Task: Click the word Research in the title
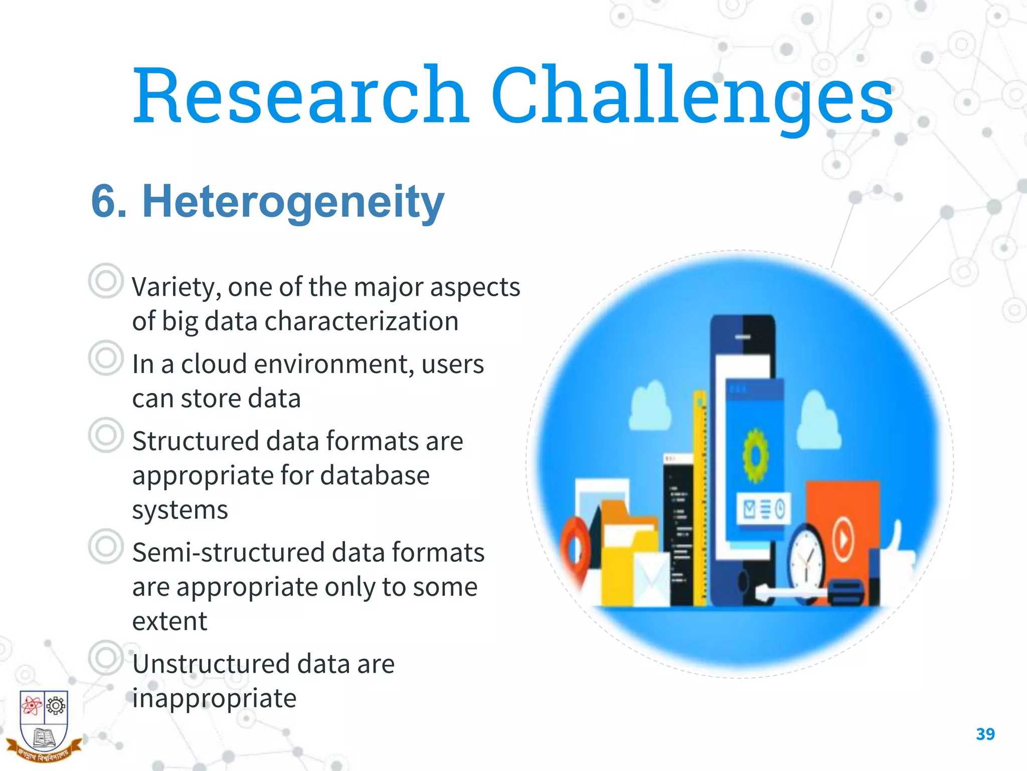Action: click(x=301, y=95)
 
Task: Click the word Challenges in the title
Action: click(x=692, y=95)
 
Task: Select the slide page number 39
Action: click(x=985, y=734)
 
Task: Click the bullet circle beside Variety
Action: click(x=105, y=281)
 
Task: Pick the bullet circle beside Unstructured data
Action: click(x=105, y=658)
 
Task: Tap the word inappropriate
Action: click(x=214, y=698)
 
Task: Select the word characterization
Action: click(x=361, y=321)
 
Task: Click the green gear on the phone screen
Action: click(x=755, y=455)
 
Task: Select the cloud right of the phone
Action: click(x=817, y=422)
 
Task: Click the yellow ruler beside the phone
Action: click(x=701, y=497)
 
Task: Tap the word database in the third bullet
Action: click(x=375, y=475)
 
